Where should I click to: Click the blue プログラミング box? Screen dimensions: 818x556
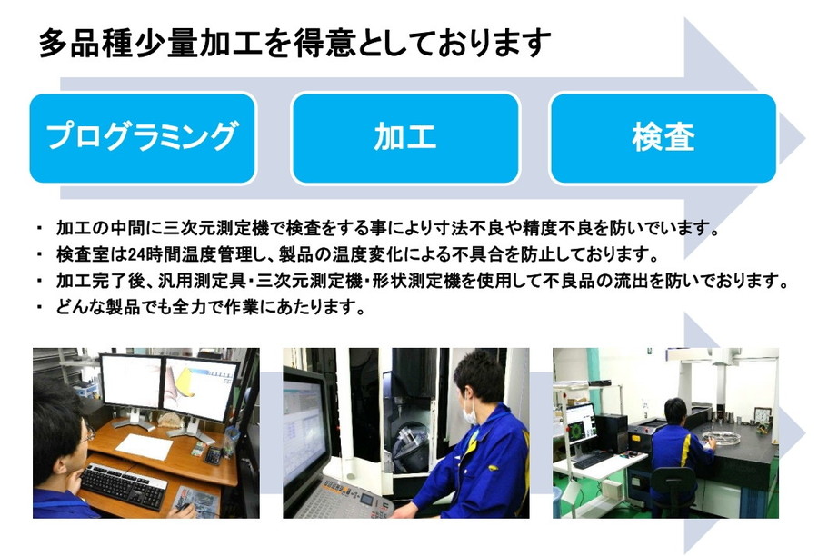click(143, 138)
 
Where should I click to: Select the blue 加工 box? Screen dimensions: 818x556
click(405, 138)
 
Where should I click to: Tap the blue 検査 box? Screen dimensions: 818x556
click(663, 138)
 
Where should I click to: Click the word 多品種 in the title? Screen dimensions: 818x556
click(86, 43)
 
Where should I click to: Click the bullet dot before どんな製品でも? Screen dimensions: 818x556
click(40, 307)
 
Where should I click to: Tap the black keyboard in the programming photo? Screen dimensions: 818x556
click(123, 485)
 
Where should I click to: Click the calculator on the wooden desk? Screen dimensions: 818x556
click(214, 456)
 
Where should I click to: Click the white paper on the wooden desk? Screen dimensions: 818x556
click(145, 446)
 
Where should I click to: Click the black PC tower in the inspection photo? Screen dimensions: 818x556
click(611, 433)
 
